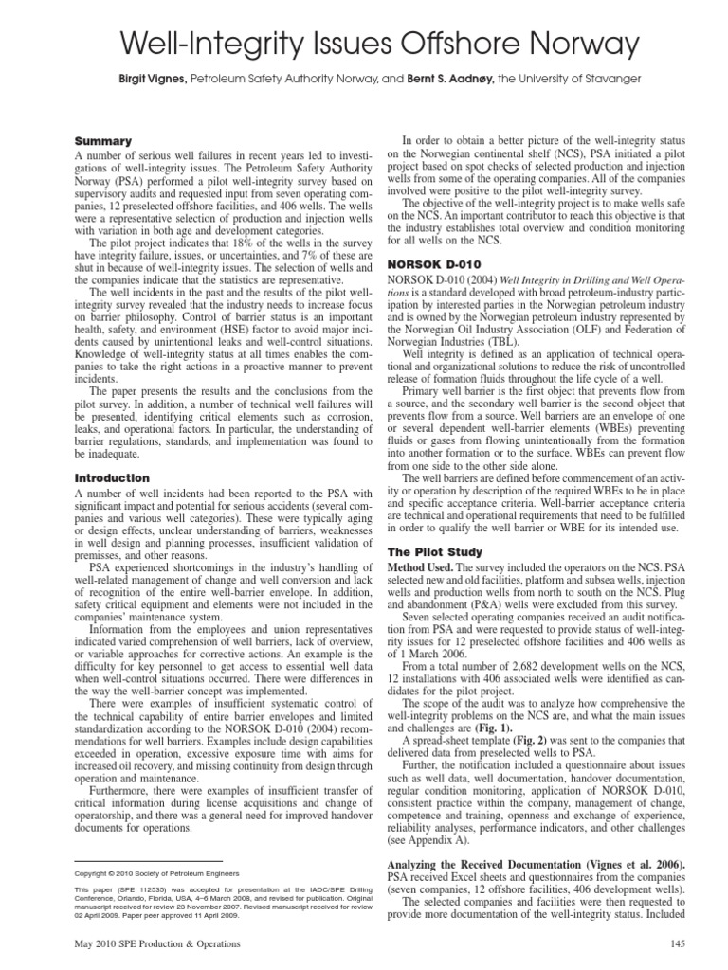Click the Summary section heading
[x=103, y=140]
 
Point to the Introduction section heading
[x=112, y=478]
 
